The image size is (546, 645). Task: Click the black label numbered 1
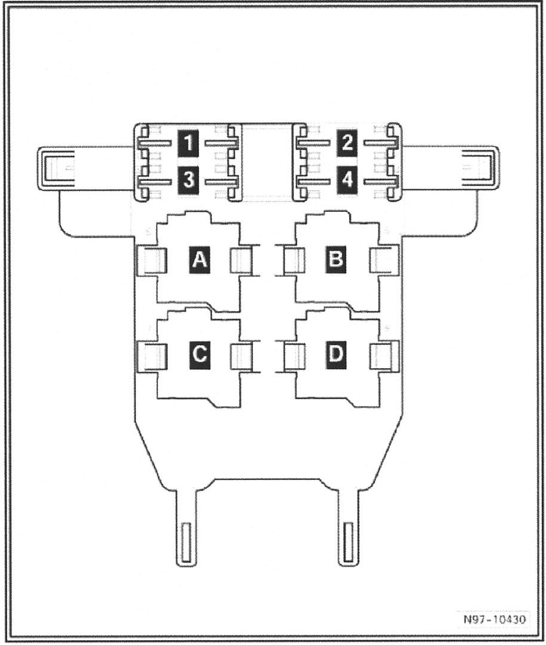coord(188,144)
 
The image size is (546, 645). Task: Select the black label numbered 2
coord(347,144)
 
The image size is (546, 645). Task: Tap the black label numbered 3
coord(188,180)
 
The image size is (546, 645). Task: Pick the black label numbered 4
coord(347,180)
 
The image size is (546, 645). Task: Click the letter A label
coord(200,260)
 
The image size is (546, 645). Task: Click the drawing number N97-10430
coord(494,619)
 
